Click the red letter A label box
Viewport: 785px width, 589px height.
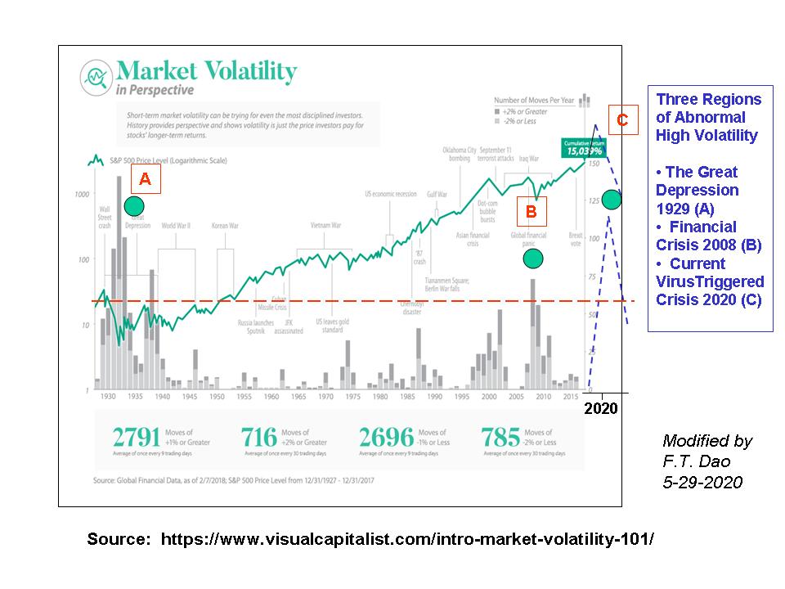pos(145,179)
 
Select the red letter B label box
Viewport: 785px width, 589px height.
pos(531,212)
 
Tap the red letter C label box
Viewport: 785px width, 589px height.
pos(622,120)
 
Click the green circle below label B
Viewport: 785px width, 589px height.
pos(533,259)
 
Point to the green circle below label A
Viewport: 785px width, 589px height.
pos(134,205)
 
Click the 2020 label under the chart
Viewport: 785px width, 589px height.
pos(601,407)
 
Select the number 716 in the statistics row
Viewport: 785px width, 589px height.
pos(260,438)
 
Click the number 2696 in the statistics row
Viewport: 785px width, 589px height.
pos(387,438)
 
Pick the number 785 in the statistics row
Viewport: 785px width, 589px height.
pos(500,438)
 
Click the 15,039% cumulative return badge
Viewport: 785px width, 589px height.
pos(581,147)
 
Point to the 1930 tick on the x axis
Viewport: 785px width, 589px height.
pos(107,397)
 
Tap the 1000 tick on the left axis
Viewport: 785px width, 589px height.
pos(80,195)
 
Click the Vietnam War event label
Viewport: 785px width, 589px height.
pos(325,225)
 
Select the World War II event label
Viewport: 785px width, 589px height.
pos(176,225)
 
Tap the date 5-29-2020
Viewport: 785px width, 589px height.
pos(702,483)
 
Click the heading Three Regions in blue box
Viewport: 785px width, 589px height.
pos(708,100)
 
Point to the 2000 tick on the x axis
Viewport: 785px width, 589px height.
pos(489,397)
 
